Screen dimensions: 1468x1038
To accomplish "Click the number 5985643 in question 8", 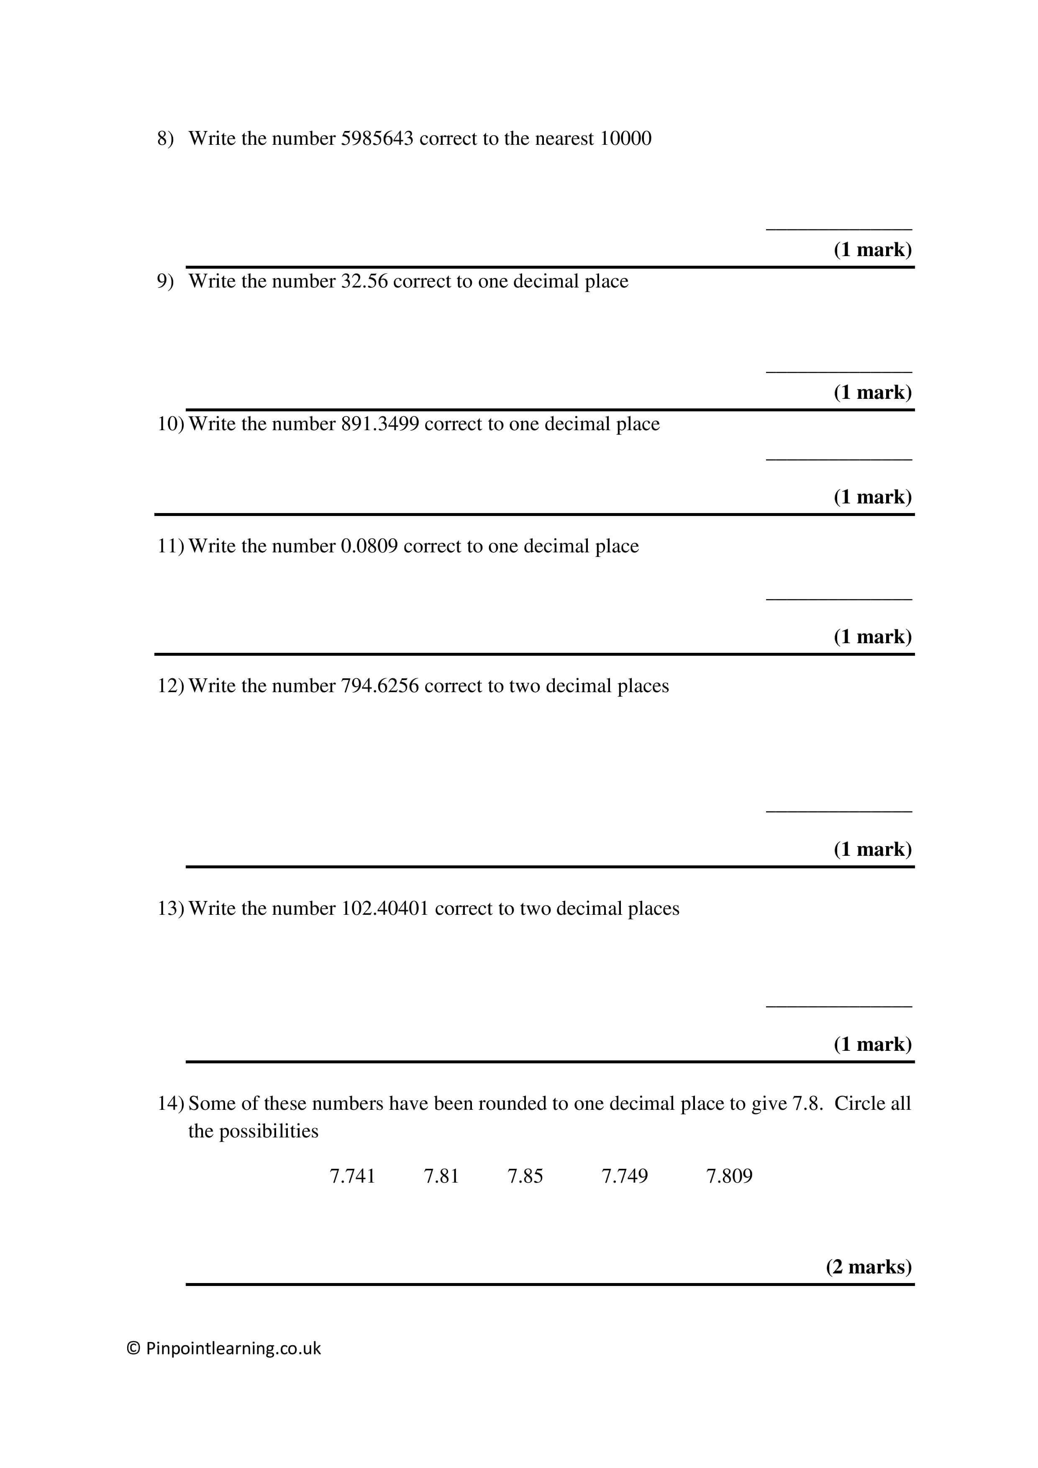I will point(377,139).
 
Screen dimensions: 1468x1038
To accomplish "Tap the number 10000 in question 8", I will point(625,139).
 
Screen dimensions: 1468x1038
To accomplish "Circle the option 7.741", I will point(352,1176).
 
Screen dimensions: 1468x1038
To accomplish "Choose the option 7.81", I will point(441,1176).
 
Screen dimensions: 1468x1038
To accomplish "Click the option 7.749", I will point(625,1176).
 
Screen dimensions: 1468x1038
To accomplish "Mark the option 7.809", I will point(729,1176).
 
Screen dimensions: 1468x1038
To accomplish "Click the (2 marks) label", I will point(868,1267).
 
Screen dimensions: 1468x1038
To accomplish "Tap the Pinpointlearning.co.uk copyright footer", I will point(224,1348).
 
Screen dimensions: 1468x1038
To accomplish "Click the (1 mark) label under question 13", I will point(872,1044).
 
